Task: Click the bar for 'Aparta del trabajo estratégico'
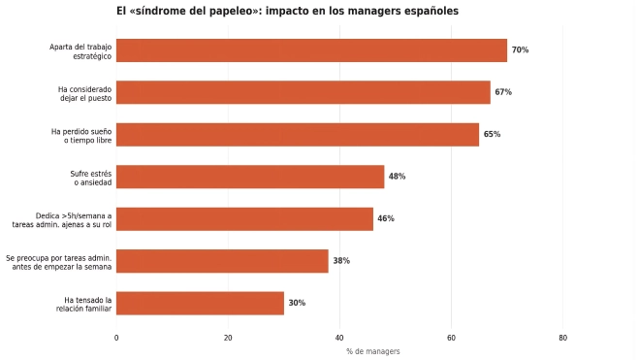[x=312, y=50]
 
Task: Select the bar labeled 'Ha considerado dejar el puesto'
[x=304, y=92]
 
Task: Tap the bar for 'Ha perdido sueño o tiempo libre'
[x=298, y=135]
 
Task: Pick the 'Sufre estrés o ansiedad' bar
[x=250, y=177]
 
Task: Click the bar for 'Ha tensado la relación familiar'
[x=200, y=304]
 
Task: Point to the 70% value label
[x=520, y=50]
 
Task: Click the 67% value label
[x=503, y=92]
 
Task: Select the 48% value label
[x=397, y=177]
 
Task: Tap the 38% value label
[x=341, y=261]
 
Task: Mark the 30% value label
[x=297, y=303]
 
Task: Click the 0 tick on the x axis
[x=116, y=338]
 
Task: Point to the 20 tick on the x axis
[x=228, y=338]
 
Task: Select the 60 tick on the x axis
[x=451, y=338]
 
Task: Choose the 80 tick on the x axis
[x=562, y=338]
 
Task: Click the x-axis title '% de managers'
[x=373, y=351]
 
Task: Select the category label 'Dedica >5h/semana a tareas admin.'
[x=62, y=220]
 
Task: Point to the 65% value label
[x=492, y=134]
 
